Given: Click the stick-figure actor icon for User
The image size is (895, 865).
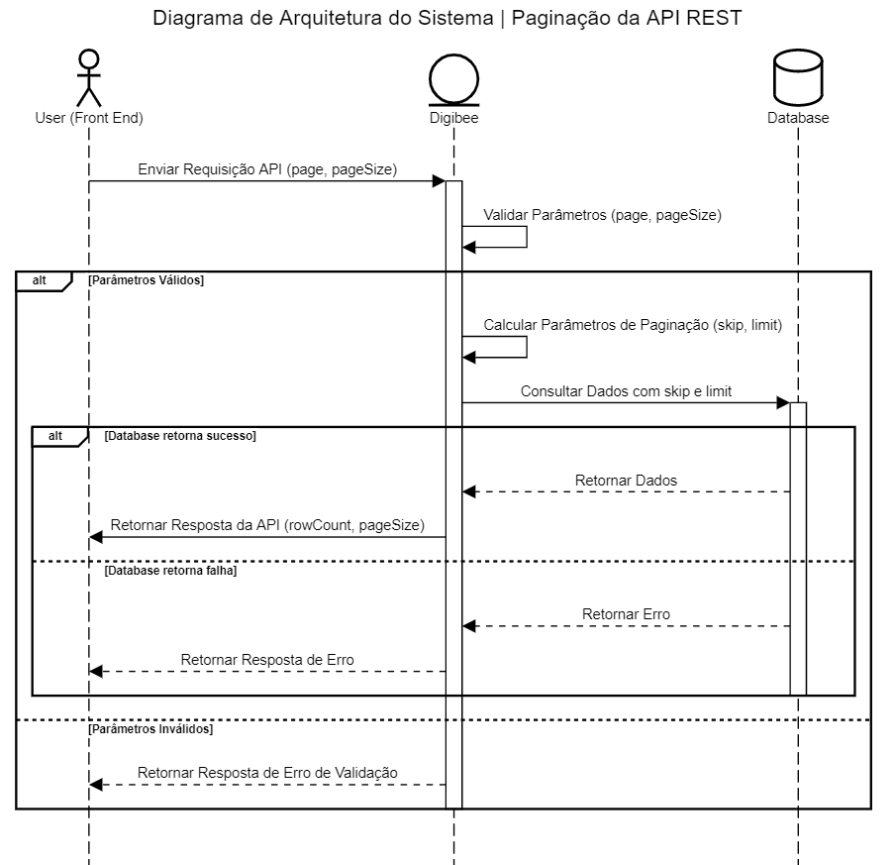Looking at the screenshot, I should (x=89, y=76).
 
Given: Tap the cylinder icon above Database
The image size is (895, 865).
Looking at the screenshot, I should (x=797, y=76).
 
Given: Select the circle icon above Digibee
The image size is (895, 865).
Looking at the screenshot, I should (x=453, y=78).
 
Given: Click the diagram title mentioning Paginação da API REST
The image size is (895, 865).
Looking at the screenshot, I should (x=447, y=19).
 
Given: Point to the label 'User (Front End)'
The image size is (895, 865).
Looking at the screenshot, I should (x=89, y=118).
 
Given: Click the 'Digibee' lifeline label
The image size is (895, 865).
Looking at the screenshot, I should (x=453, y=118).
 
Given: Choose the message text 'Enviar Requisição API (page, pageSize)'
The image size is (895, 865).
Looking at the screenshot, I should (x=267, y=169).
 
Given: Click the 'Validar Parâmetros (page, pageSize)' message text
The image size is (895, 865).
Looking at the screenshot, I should (x=602, y=215).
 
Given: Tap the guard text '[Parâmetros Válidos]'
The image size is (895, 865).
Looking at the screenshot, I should (x=146, y=280).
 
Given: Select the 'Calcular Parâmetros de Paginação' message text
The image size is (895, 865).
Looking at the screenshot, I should (x=633, y=325).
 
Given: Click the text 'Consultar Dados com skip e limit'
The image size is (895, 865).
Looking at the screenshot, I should (x=626, y=391).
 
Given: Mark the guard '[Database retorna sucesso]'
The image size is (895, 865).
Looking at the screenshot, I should (x=180, y=436).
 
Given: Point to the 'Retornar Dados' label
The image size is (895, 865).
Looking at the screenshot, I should (x=626, y=481).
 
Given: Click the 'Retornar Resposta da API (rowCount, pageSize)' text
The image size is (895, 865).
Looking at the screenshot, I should (x=267, y=525).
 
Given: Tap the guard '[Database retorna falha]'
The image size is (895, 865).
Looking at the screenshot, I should (x=170, y=571).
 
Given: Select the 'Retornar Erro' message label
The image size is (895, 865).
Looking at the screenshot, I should (x=626, y=614).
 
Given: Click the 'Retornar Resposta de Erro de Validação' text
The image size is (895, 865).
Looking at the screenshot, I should (x=267, y=772).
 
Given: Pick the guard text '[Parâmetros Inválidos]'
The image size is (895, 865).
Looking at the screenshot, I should (x=149, y=728).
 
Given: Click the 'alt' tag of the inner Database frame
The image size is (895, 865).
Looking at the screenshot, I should (x=55, y=436).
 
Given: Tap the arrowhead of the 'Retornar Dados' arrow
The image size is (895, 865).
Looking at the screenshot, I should (x=469, y=491).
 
